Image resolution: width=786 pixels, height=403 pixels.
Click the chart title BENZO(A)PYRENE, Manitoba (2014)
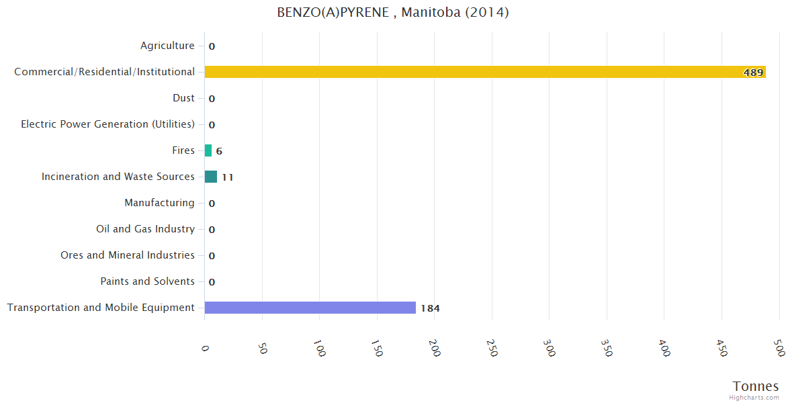[x=393, y=13]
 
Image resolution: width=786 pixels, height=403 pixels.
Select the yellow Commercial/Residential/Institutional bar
[x=484, y=72]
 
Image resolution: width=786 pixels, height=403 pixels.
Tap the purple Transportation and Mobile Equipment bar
[x=310, y=308]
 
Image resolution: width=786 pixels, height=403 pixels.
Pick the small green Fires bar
[x=208, y=150]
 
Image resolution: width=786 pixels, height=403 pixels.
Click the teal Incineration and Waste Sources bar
[x=211, y=177]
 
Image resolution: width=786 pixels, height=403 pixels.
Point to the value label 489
[x=753, y=73]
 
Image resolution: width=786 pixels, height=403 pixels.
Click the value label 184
[x=430, y=308]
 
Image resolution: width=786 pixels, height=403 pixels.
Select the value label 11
[x=228, y=177]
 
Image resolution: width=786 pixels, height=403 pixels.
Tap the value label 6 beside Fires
[x=219, y=151]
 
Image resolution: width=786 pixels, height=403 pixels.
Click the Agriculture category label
[x=167, y=46]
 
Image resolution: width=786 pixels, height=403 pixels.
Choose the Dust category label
[x=183, y=98]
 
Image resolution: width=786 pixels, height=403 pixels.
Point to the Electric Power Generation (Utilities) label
[x=107, y=124]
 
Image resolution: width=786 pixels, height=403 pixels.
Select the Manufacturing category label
[x=159, y=203]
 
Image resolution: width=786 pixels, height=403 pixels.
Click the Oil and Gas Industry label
[x=145, y=229]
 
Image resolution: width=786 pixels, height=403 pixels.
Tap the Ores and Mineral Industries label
[x=128, y=255]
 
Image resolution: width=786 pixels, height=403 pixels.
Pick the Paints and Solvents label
[x=147, y=281]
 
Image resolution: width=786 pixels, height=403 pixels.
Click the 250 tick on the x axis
[x=493, y=349]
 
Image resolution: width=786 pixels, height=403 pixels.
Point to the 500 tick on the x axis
[x=779, y=349]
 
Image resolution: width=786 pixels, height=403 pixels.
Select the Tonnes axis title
[x=756, y=386]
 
